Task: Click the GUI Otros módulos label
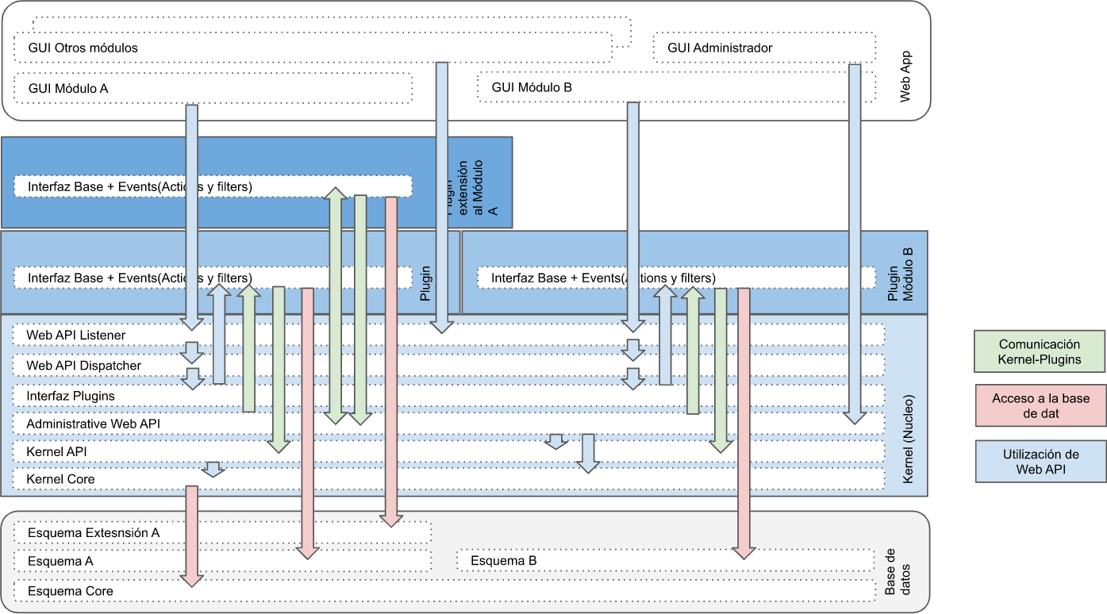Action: tap(83, 48)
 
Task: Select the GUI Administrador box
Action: tap(763, 48)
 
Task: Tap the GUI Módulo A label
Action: tap(68, 88)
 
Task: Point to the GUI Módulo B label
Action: tap(532, 87)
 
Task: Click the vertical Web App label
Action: tap(905, 77)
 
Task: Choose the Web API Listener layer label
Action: tap(75, 336)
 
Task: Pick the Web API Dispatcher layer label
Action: tap(83, 366)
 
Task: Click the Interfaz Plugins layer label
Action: tap(71, 395)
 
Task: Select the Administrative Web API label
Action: tap(93, 424)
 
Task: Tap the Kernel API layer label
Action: tap(56, 451)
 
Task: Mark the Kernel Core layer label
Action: tap(60, 479)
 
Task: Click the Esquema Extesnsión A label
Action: tap(94, 532)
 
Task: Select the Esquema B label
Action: tap(503, 561)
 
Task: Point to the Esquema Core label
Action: tap(70, 591)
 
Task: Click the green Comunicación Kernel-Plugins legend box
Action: tap(1040, 351)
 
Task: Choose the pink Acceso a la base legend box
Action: tap(1040, 405)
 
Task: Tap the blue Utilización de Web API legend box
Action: tap(1040, 462)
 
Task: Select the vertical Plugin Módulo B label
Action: tap(900, 274)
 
